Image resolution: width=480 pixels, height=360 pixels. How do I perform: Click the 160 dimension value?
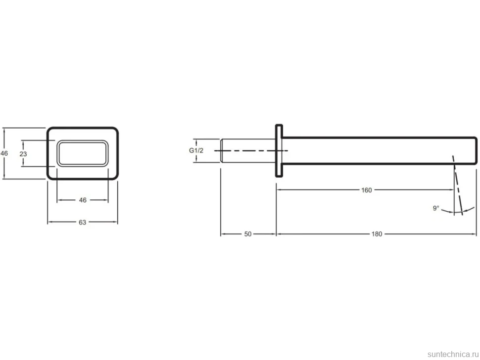pyautogui.click(x=366, y=190)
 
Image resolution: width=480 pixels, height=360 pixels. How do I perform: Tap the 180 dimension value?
pyautogui.click(x=377, y=234)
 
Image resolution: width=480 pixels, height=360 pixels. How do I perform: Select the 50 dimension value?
pyautogui.click(x=247, y=234)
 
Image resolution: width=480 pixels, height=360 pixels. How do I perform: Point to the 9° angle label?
pyautogui.click(x=436, y=208)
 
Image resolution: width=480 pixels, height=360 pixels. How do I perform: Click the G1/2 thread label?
pyautogui.click(x=196, y=150)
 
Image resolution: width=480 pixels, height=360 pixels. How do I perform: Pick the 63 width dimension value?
pyautogui.click(x=82, y=223)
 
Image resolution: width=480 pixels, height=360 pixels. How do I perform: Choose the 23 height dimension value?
pyautogui.click(x=23, y=154)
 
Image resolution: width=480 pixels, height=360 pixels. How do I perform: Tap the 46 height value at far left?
pyautogui.click(x=4, y=153)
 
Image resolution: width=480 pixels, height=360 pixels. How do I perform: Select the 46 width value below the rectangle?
pyautogui.click(x=83, y=200)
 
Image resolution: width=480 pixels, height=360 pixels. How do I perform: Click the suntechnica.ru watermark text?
pyautogui.click(x=453, y=354)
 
